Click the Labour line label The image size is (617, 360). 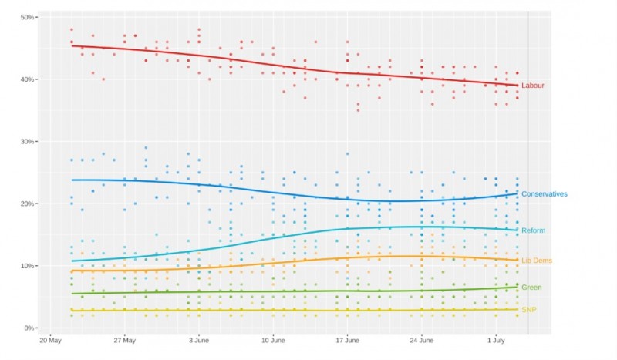[533, 86]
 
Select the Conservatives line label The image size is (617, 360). [544, 194]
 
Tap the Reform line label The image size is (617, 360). [534, 230]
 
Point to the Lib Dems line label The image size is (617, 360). [536, 261]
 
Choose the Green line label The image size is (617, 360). [531, 288]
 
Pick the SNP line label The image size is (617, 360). [528, 310]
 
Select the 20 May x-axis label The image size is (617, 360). [50, 340]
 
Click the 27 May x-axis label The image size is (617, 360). [124, 340]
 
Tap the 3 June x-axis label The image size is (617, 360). [199, 340]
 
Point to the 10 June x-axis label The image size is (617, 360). [273, 340]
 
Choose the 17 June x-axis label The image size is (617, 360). [348, 340]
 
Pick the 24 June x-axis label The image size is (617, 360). [422, 340]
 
